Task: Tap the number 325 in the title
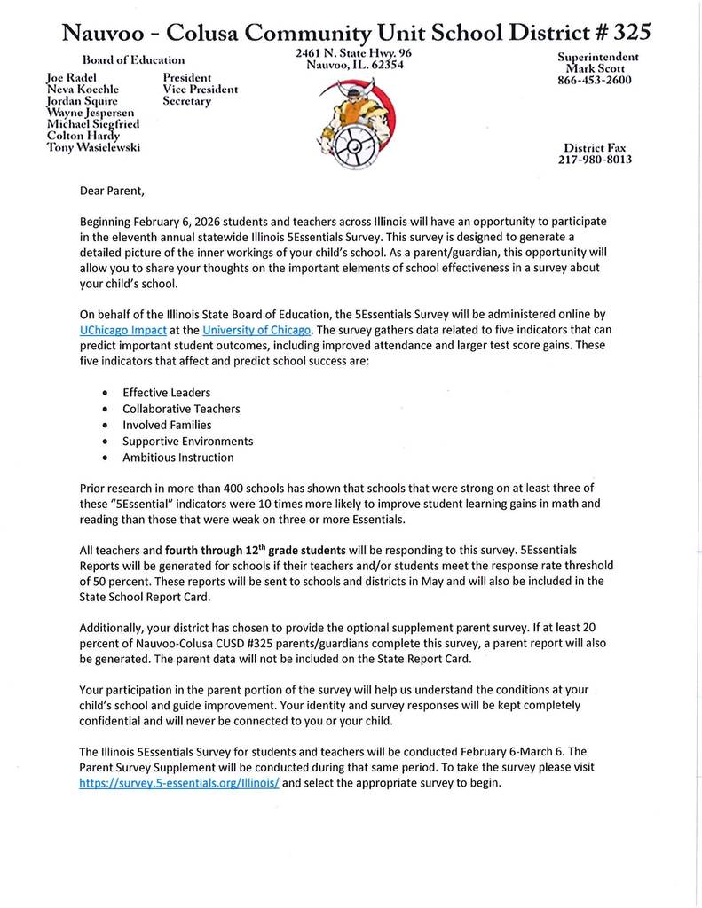627,33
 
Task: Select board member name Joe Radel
71,78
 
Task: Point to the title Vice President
200,90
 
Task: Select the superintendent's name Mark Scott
597,68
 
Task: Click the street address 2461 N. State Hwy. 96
353,53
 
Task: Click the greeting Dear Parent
111,191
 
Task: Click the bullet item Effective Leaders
166,392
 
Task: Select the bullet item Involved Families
167,425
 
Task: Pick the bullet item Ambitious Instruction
177,458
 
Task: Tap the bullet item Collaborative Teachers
181,409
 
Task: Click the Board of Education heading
133,60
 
